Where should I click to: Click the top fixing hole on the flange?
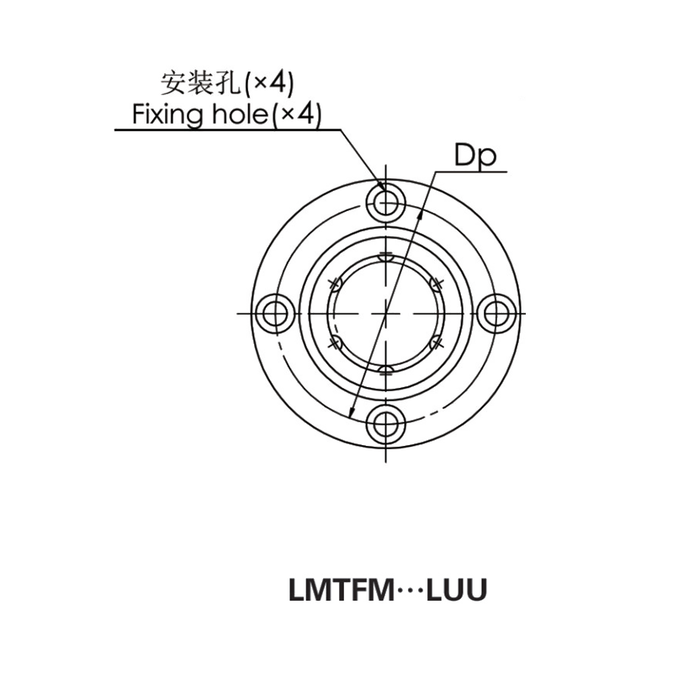tap(386, 202)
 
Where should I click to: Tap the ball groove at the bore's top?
tap(386, 257)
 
